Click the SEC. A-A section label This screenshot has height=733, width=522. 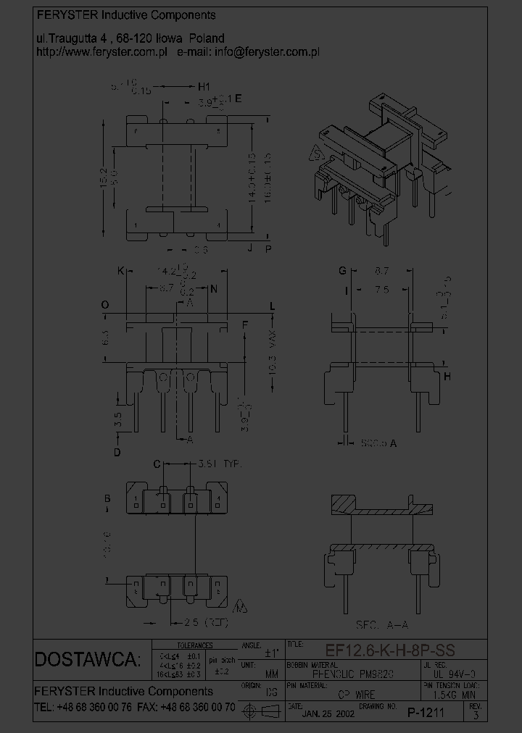tap(383, 624)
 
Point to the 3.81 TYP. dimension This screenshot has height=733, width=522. tap(220, 463)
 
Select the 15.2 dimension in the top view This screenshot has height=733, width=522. tap(104, 176)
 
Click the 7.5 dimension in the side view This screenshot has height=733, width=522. tap(383, 289)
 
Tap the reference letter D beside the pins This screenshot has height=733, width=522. tap(117, 453)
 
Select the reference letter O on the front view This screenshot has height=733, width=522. tap(105, 306)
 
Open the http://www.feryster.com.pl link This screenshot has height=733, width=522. tap(101, 52)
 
